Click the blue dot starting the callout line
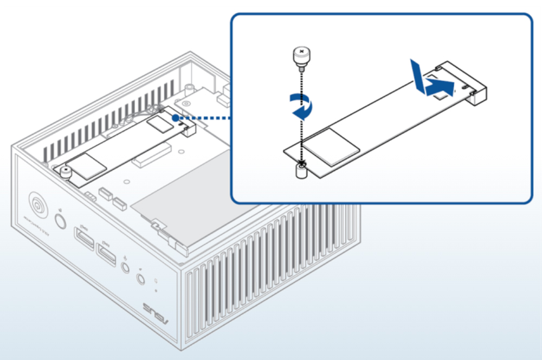click(175, 116)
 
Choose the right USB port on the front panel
click(106, 254)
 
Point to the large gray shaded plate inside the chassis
click(195, 195)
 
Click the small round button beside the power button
click(60, 222)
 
